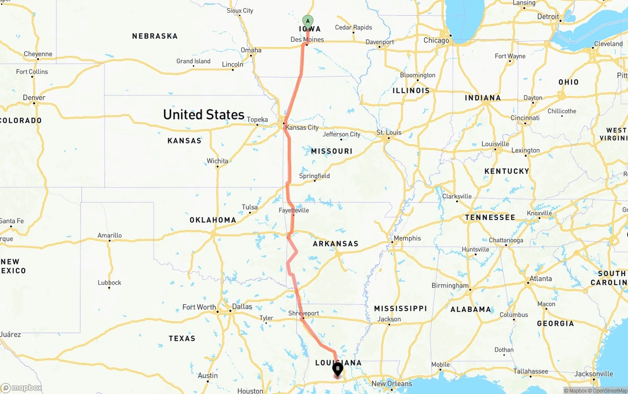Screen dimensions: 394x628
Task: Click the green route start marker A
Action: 308,21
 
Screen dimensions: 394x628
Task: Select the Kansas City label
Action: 302,128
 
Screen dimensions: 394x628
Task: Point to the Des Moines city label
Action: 307,39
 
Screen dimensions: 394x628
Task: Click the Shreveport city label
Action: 304,313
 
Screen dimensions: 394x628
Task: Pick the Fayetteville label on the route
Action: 294,210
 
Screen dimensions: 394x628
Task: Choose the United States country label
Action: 204,115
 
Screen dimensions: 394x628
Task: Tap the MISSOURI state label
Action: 332,151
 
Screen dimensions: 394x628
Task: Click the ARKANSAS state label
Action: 336,244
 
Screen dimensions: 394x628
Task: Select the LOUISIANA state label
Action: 338,363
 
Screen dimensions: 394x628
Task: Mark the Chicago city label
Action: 436,40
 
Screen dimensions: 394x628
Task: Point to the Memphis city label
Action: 407,238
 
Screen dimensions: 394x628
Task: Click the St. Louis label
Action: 389,132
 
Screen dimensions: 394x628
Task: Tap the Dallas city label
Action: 242,307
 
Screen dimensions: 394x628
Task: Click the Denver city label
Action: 34,98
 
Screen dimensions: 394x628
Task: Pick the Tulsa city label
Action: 250,207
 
